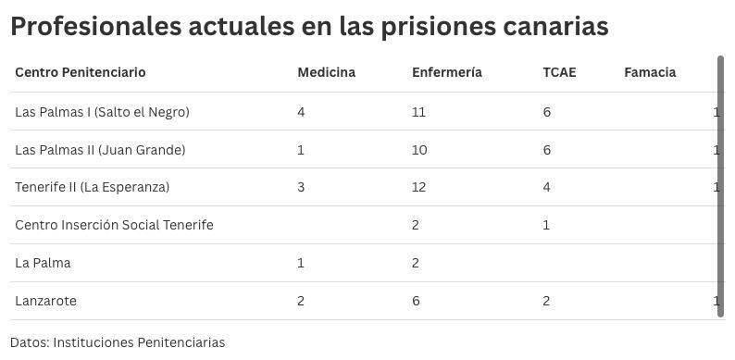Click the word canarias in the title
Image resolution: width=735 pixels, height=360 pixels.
[x=554, y=26]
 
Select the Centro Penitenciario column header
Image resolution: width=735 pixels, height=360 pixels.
[x=81, y=72]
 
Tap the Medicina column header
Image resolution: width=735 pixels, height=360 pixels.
[x=326, y=72]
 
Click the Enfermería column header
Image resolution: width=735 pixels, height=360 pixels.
[x=446, y=72]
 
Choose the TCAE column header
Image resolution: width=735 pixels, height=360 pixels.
[x=559, y=72]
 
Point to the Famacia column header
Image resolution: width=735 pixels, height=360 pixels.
[x=650, y=72]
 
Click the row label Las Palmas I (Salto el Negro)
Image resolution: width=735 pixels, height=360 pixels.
[x=102, y=112]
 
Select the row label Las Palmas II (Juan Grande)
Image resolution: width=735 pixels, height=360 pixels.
[x=100, y=150]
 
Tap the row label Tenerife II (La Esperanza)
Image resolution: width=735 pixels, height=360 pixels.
[x=93, y=187]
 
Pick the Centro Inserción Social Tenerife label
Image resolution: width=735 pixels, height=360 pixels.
[x=114, y=225]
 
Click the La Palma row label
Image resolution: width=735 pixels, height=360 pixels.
[x=43, y=263]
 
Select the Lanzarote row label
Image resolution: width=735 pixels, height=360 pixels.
[x=45, y=301]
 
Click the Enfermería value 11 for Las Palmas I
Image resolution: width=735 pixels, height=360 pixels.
[x=418, y=112]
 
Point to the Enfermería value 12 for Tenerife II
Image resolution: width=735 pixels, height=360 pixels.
[x=418, y=187]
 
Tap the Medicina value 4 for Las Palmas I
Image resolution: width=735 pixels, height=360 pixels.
[x=301, y=112]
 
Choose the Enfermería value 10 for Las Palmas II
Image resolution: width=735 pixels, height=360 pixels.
[x=419, y=150]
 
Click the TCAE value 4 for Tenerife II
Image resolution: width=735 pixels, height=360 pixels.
[x=546, y=187]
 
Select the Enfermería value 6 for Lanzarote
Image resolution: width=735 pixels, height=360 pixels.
[x=416, y=301]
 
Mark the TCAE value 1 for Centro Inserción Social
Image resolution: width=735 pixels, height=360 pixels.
[x=546, y=225]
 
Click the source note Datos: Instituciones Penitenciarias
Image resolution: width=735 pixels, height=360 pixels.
[x=118, y=342]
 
